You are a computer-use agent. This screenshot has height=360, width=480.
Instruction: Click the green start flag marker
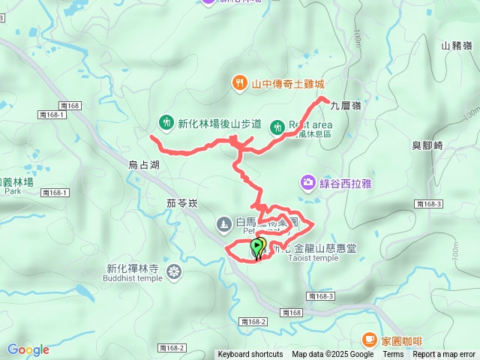click(x=257, y=244)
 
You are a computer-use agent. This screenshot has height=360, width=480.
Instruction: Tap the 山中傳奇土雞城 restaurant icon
click(x=238, y=83)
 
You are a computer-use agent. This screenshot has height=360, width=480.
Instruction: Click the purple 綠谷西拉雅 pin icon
click(x=307, y=181)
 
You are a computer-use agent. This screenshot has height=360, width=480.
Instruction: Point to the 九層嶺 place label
click(x=345, y=106)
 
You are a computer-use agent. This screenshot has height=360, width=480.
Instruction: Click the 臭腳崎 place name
click(x=427, y=145)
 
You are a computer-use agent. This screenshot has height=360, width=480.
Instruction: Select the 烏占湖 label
click(x=143, y=164)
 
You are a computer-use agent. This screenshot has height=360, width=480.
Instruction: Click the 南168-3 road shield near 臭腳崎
click(x=428, y=204)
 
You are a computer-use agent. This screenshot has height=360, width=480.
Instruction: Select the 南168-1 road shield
click(x=55, y=193)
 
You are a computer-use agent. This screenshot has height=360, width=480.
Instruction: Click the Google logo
click(x=28, y=349)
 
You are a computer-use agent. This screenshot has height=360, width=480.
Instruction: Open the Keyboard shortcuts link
click(x=250, y=355)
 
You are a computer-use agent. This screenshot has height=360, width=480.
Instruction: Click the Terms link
click(x=393, y=355)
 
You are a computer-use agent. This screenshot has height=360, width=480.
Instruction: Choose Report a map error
click(x=444, y=355)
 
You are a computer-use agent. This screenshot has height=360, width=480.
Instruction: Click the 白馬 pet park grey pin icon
click(x=224, y=223)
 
